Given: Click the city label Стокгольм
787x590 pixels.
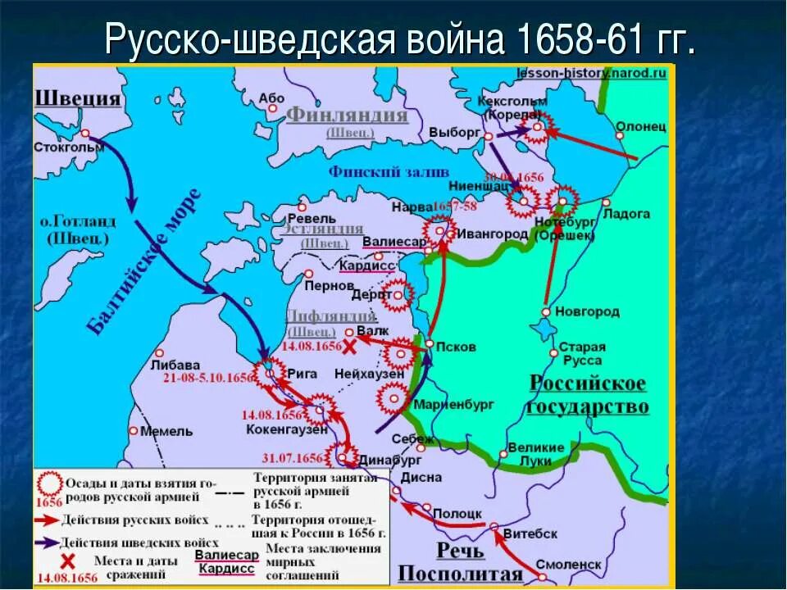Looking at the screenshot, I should pos(70,147).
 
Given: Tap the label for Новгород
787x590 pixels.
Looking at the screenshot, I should pos(587,312).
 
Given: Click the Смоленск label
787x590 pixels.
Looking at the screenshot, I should pos(568,565).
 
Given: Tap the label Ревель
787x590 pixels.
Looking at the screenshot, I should pos(312,219).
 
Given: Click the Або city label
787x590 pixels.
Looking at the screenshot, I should pos(271,98).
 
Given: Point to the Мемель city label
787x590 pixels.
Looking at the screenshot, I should pos(166,431).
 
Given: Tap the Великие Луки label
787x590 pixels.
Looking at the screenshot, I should pos(536,454).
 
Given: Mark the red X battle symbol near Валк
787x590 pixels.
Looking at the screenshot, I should pos(349,347).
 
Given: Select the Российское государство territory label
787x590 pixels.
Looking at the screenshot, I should pos(587,395).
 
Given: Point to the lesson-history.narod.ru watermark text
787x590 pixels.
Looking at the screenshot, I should pos(591,73).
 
